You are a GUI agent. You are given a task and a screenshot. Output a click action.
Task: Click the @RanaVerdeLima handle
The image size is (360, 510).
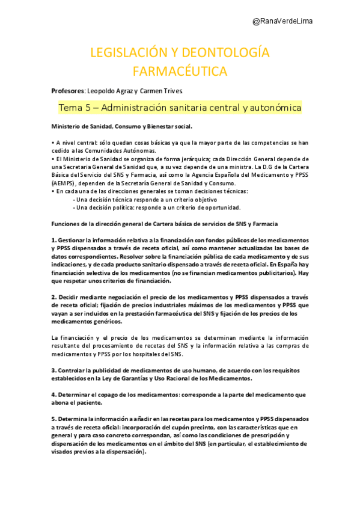click(282, 21)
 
